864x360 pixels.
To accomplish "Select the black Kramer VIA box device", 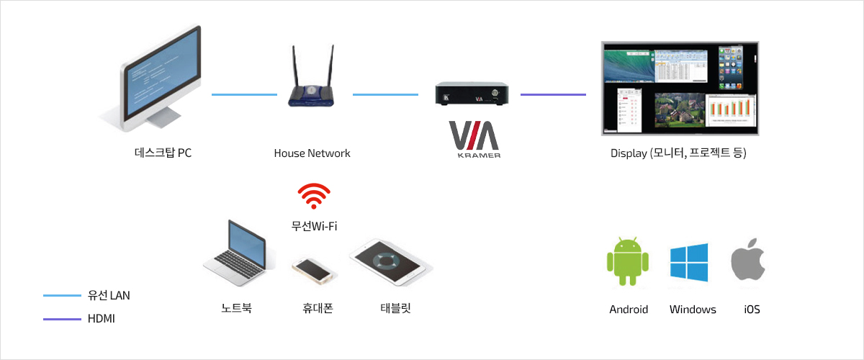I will [477, 94].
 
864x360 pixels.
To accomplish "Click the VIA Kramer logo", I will [474, 139].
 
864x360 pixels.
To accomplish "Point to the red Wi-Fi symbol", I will [315, 196].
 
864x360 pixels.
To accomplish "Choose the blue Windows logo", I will [689, 262].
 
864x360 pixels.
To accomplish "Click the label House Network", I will [312, 153].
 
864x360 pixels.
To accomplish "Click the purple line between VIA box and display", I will [553, 94].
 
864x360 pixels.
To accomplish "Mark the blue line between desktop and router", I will [244, 94].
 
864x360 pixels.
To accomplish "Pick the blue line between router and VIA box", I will [385, 94].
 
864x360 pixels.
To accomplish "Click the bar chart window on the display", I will [731, 114].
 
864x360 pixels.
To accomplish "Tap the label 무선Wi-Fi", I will [315, 226].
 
